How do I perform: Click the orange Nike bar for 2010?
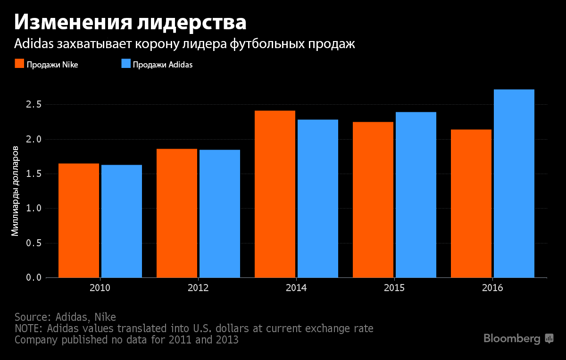(x=79, y=220)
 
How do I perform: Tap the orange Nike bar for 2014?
(x=275, y=194)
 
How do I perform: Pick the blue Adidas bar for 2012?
(x=220, y=213)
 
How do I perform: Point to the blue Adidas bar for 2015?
(x=416, y=194)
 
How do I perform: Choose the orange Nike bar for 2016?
(x=471, y=203)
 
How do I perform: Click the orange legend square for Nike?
(x=19, y=64)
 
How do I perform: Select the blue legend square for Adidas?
(x=125, y=64)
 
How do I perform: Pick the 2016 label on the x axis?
(x=492, y=288)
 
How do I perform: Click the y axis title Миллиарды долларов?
(x=15, y=191)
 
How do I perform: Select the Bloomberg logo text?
(x=512, y=338)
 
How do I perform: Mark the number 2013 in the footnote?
(x=225, y=339)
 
